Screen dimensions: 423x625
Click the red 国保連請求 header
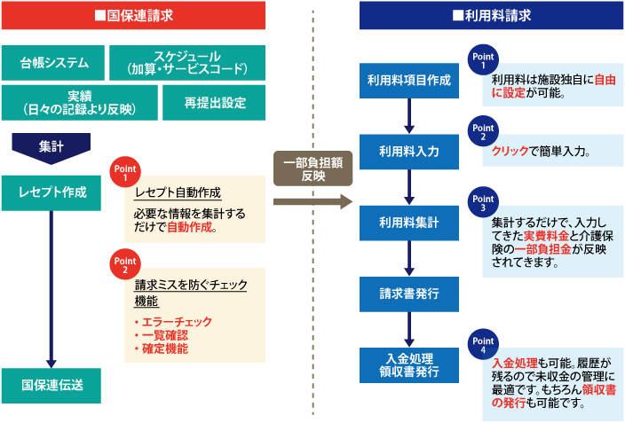[133, 15]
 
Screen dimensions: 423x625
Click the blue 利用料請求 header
[491, 15]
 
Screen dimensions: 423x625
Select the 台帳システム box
[54, 62]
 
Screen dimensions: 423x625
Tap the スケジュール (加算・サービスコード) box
[186, 62]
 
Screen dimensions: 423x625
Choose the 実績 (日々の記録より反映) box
[78, 102]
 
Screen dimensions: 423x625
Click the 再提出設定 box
[214, 102]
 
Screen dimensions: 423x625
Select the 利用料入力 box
[408, 152]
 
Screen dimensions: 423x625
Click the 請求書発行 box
[408, 292]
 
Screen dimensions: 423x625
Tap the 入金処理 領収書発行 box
[408, 364]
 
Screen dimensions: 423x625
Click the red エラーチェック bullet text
[172, 321]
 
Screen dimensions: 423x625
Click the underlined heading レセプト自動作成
[177, 192]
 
